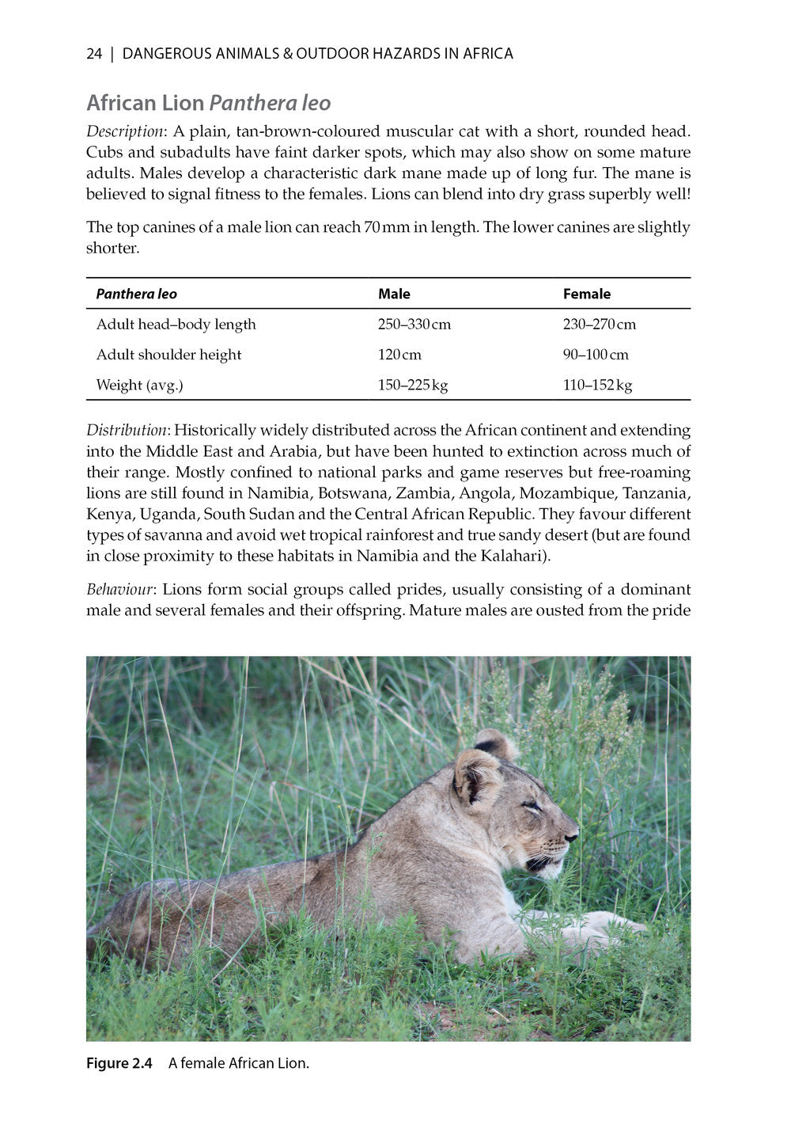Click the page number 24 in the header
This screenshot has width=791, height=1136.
point(94,54)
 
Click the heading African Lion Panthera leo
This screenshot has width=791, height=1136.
point(208,103)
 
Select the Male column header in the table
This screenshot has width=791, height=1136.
point(394,294)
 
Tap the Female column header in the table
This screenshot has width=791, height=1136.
point(586,294)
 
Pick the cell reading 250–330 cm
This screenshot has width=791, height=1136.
point(414,325)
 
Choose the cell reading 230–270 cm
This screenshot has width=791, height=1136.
point(599,325)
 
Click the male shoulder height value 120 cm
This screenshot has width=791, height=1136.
point(399,355)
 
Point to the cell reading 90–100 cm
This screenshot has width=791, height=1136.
point(596,355)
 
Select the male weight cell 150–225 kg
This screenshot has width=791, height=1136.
point(412,386)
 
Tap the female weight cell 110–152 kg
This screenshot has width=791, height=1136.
point(597,386)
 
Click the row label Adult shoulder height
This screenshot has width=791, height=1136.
point(168,355)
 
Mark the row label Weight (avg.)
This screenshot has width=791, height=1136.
point(139,386)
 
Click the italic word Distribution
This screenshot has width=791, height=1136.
point(127,431)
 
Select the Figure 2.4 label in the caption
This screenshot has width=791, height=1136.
point(119,1063)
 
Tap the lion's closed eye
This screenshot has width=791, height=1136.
point(532,807)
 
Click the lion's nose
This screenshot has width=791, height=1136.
point(572,834)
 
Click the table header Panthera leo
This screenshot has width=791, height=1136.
point(136,294)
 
